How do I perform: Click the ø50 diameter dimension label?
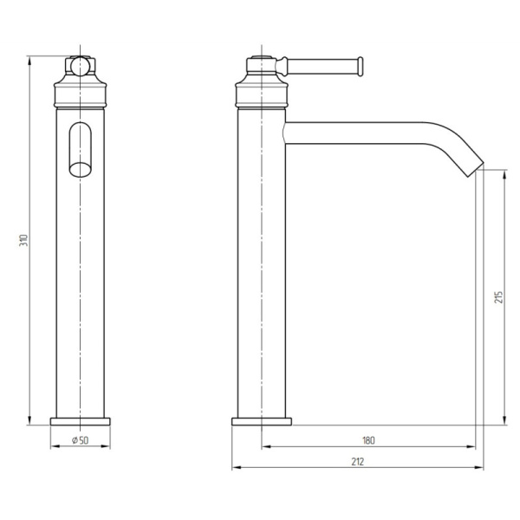click(x=81, y=441)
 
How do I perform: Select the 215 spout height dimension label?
click(x=498, y=296)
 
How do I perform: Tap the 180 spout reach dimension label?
click(x=369, y=441)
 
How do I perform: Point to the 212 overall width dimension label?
click(x=357, y=462)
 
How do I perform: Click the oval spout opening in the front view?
click(x=80, y=150)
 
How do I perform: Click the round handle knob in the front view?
click(x=80, y=66)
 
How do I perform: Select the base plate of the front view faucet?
click(x=81, y=421)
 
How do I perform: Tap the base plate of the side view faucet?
click(x=262, y=421)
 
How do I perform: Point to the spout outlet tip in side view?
click(x=476, y=164)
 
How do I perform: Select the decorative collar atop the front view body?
click(x=81, y=89)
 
